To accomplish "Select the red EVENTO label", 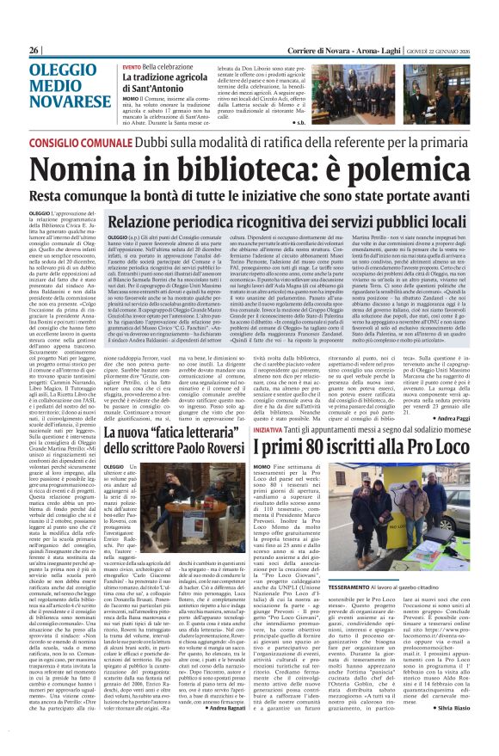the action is [132, 67].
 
